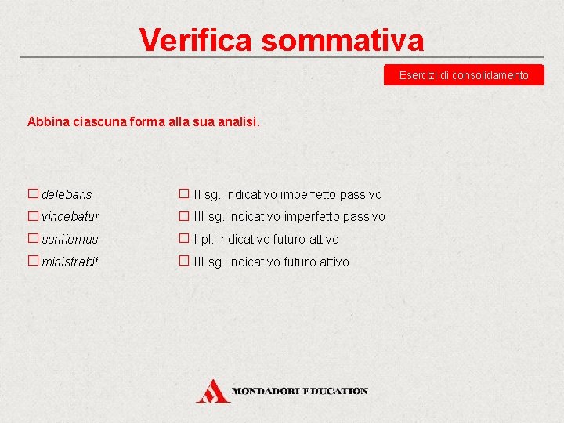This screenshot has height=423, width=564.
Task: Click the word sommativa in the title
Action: click(x=342, y=40)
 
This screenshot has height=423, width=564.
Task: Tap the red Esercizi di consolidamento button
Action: click(x=464, y=75)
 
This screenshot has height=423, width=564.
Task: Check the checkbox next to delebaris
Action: click(x=33, y=193)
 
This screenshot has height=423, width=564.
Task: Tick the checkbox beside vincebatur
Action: click(x=33, y=216)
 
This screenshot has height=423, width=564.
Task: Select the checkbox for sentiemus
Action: click(x=33, y=239)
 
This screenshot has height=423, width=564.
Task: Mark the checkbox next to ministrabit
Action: click(x=33, y=262)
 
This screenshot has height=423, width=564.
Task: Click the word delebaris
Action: click(x=67, y=194)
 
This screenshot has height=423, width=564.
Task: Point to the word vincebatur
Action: click(x=70, y=217)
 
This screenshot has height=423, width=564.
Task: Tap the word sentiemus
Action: click(x=70, y=240)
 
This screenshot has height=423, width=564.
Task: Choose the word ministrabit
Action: click(x=70, y=262)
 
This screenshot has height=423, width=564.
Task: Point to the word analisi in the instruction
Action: click(x=238, y=122)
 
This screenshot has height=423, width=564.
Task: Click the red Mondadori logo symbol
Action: click(x=212, y=390)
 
